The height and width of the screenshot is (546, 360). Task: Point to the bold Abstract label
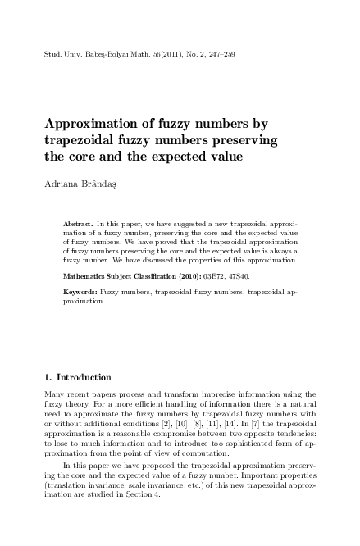79,223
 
